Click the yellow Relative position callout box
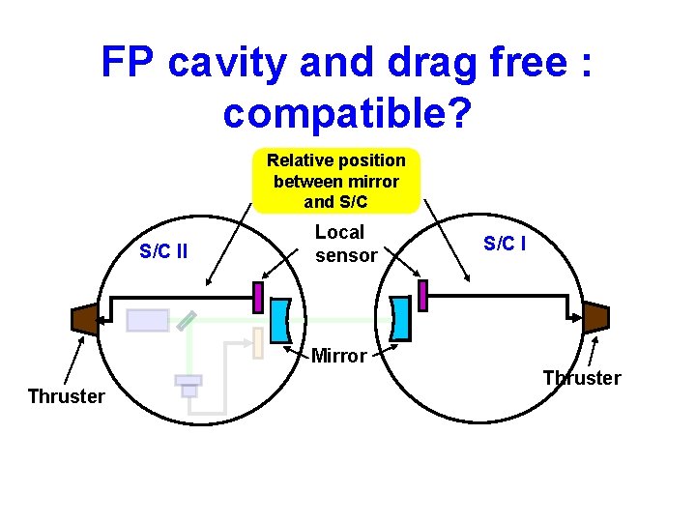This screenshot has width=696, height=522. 335,180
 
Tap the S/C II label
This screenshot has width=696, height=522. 163,252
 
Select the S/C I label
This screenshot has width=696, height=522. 505,244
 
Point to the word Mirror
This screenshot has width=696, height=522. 338,356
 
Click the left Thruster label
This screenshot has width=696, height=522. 66,396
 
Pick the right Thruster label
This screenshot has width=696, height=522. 582,378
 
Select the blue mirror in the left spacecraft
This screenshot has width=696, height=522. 279,320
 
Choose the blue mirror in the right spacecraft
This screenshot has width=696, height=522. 400,317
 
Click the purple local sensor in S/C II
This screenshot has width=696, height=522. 258,297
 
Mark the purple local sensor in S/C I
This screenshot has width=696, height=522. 422,294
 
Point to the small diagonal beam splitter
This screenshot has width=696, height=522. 188,321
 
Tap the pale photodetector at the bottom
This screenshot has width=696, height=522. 188,384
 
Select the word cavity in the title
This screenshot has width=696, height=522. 232,64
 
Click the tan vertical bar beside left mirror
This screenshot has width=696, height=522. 258,343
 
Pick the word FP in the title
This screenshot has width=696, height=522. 130,64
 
